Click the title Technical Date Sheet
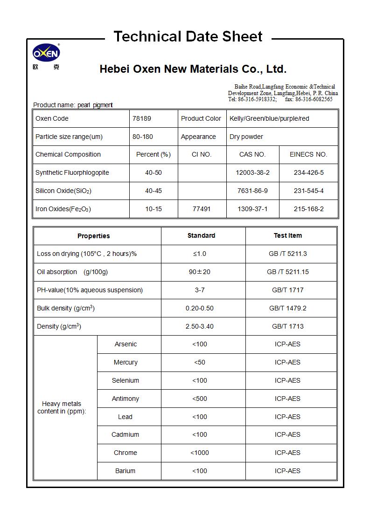pos(188,36)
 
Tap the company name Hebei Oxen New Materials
pos(193,69)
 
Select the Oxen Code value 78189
pos(142,118)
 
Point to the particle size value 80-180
pos(143,137)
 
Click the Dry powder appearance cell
pos(246,137)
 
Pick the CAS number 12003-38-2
pos(252,172)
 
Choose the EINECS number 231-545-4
pos(308,191)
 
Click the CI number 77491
pos(202,209)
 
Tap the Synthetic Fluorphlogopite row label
pos(72,172)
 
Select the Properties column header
pos(94,236)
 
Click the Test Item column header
pos(287,235)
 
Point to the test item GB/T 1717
pos(287,290)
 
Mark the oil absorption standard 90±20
pos(200,272)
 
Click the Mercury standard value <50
pos(200,362)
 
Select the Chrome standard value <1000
pos(200,453)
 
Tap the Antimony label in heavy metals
pos(126,399)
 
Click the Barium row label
pos(125,471)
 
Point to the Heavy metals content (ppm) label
pos(62,407)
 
